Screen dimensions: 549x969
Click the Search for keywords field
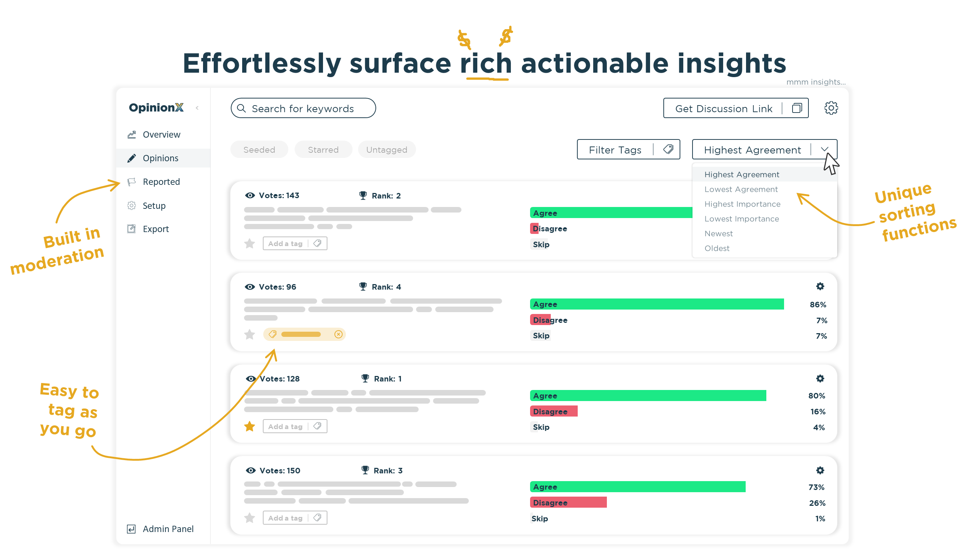303,108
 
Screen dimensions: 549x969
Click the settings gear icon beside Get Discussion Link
831,108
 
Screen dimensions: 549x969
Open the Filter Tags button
628,150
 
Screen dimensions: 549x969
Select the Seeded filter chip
259,150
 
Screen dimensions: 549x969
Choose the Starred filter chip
323,150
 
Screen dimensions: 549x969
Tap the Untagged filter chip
386,150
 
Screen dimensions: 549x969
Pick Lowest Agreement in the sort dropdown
741,189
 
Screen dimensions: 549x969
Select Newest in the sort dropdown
719,234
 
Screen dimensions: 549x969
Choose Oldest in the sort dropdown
717,248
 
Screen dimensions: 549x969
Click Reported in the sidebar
161,182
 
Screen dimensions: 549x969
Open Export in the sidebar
155,229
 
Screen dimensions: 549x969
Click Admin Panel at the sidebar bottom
168,529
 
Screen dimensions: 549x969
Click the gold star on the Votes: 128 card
250,427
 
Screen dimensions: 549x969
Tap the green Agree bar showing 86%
656,304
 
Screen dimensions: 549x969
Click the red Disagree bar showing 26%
568,503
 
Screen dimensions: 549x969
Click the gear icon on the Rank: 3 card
820,470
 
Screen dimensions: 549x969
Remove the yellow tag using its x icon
339,334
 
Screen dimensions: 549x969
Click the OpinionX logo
156,108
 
